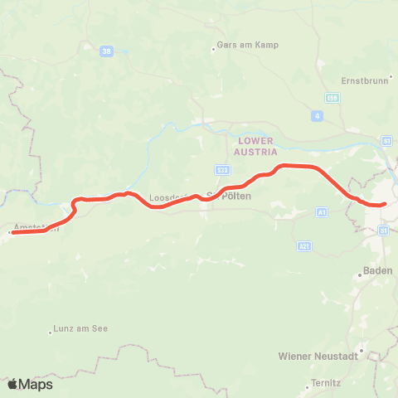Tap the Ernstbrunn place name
[364, 81]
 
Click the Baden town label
[377, 271]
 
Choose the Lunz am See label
[83, 329]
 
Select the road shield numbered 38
[105, 51]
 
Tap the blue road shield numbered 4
[318, 116]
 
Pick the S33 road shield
[221, 170]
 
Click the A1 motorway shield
[322, 213]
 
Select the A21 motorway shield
[304, 245]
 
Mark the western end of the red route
[12, 232]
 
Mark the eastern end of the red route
[385, 204]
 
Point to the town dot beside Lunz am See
[52, 329]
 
